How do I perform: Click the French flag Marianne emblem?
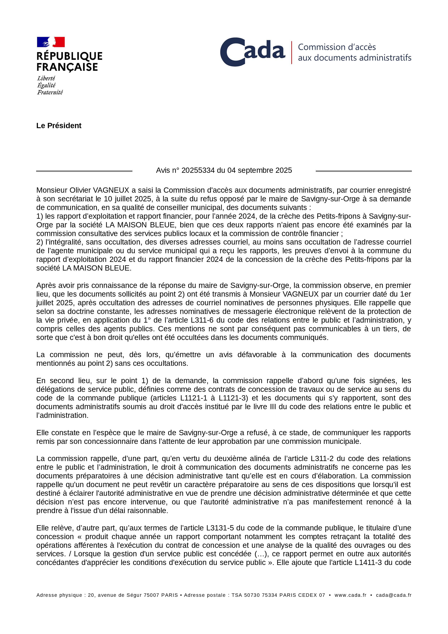coord(51,42)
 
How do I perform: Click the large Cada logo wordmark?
coord(252,52)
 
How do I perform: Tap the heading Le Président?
coord(59,126)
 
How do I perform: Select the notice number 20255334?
coord(198,170)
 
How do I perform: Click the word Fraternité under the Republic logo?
coord(50,92)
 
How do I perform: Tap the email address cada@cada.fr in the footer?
coord(394,595)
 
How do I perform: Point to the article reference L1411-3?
coord(368,562)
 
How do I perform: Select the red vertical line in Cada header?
coord(292,52)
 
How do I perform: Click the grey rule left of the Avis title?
coord(84,171)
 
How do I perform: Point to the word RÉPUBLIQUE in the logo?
coord(69,56)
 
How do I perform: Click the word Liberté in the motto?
coord(46,78)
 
